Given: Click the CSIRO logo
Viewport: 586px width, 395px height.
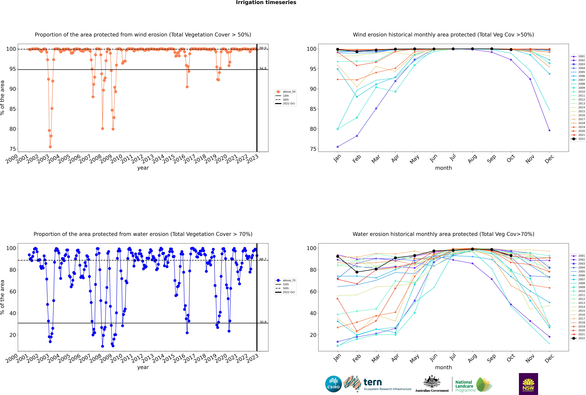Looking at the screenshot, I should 333,384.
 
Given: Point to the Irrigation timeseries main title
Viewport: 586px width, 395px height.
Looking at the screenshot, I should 266,3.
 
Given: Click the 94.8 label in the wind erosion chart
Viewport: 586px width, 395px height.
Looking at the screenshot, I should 263,69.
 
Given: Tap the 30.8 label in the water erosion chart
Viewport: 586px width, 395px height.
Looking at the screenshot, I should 263,322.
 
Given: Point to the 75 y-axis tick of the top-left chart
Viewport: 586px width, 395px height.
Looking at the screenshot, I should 13,149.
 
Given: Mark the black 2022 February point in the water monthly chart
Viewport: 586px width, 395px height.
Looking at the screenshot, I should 357,272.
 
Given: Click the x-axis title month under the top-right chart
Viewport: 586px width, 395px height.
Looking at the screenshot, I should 443,168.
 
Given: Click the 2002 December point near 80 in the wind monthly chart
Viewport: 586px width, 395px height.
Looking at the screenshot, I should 549,130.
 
